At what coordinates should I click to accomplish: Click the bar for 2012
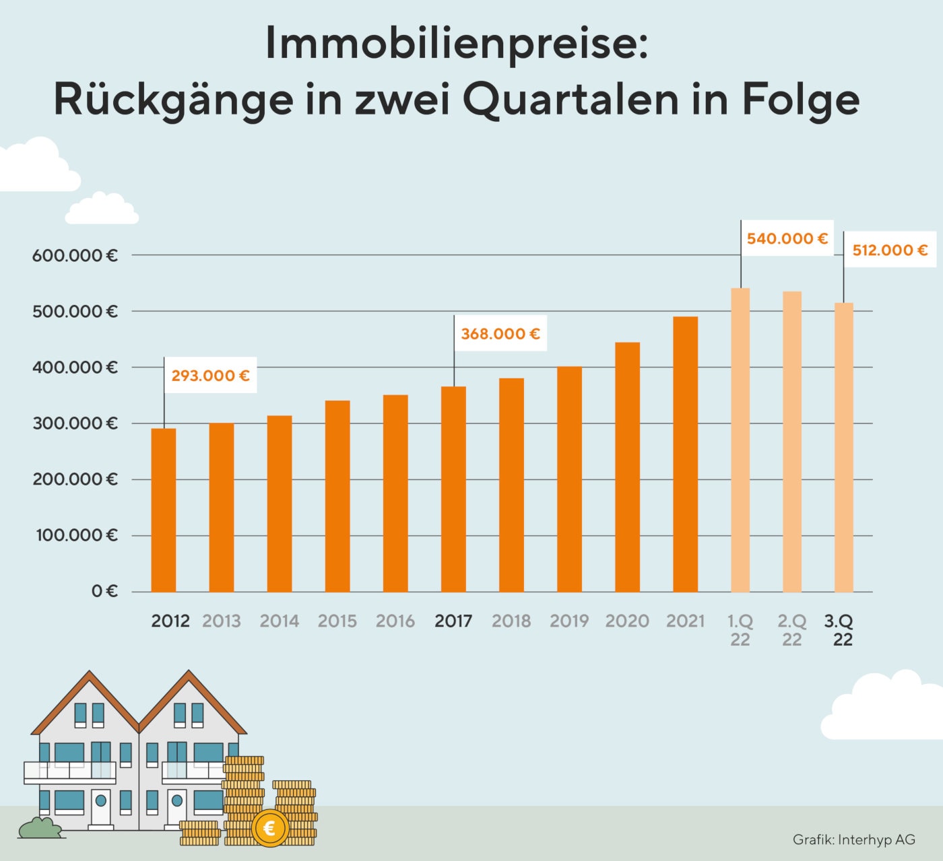[164, 510]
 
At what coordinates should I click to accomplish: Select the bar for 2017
[453, 489]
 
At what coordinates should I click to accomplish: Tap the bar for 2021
[685, 454]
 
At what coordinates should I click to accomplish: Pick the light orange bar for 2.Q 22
[792, 442]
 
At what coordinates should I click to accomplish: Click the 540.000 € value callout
[787, 239]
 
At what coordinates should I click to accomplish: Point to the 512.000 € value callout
[890, 250]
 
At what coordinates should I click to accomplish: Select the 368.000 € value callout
[500, 334]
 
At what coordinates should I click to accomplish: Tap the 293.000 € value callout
[210, 376]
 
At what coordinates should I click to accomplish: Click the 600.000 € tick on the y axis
[75, 256]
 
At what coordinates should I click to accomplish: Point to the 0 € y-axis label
[104, 592]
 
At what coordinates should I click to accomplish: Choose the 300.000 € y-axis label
[75, 423]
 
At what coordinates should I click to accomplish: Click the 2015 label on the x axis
[337, 621]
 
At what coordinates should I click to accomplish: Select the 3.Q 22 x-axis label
[839, 630]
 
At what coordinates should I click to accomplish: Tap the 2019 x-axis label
[569, 621]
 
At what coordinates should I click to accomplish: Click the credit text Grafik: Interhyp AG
[853, 839]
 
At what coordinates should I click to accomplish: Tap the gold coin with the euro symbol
[269, 828]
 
